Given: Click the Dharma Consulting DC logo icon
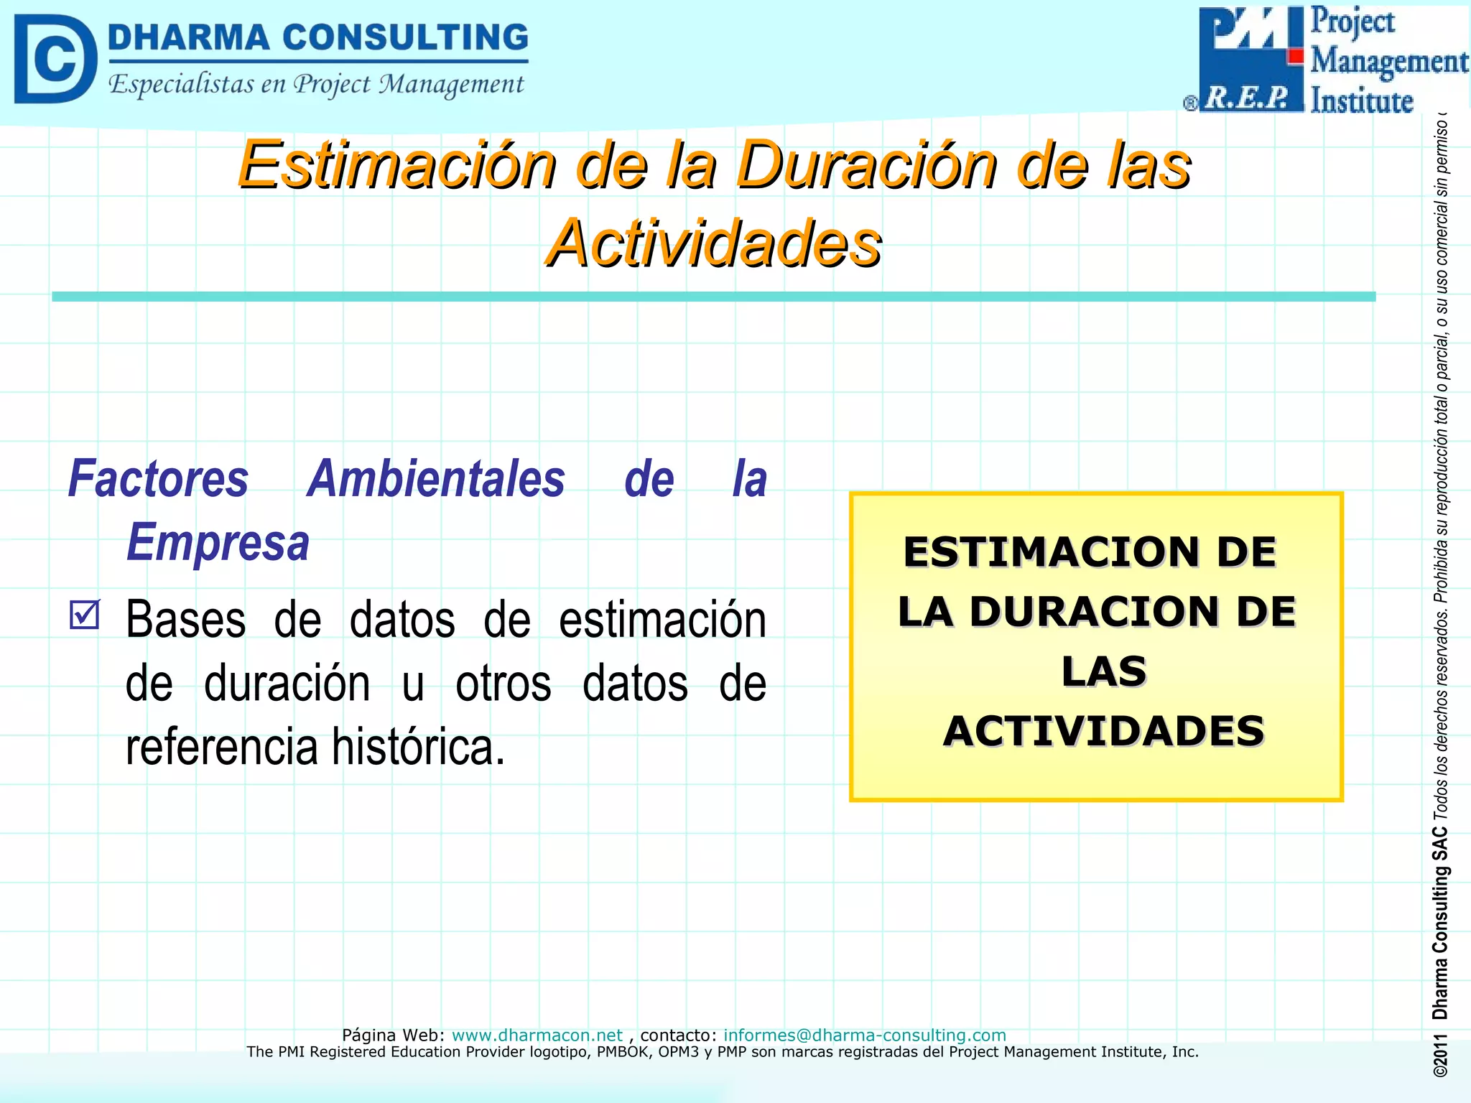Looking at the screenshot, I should pos(55,59).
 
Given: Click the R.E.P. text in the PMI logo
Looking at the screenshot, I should pos(1248,97).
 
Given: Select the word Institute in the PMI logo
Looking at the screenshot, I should pos(1361,101).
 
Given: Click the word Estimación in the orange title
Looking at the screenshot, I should pos(397,165).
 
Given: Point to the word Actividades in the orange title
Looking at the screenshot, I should pos(713,243).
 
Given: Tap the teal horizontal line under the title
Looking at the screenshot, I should pos(713,297).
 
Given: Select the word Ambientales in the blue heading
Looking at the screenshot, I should pos(436,479).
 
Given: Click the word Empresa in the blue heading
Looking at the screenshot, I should pos(218,542).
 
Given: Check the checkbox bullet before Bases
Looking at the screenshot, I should pos(85,615).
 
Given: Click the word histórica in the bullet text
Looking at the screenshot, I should pos(418,747).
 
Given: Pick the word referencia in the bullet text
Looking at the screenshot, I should pos(221,747).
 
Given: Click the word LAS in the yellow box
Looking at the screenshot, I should pos(1103,671).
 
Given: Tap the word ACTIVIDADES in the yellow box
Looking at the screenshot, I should pos(1103,731).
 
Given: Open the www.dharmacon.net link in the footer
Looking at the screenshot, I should pos(537,1035).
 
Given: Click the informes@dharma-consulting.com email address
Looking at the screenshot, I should pos(864,1035).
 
